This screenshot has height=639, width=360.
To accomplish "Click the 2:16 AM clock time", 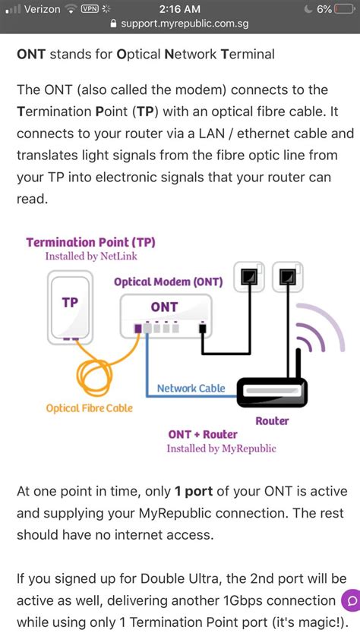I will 180,9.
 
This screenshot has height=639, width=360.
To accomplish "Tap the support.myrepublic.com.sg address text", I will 185,24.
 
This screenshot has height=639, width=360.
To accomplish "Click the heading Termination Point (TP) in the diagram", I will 90,242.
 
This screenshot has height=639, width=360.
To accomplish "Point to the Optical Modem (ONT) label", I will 168,282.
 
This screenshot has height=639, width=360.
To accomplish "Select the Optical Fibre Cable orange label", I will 89,408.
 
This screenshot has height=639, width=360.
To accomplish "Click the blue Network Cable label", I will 191,389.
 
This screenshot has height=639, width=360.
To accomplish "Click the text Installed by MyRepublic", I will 222,449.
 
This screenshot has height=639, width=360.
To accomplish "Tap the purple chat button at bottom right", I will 350,600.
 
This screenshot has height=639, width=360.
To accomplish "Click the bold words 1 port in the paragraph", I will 189,491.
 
